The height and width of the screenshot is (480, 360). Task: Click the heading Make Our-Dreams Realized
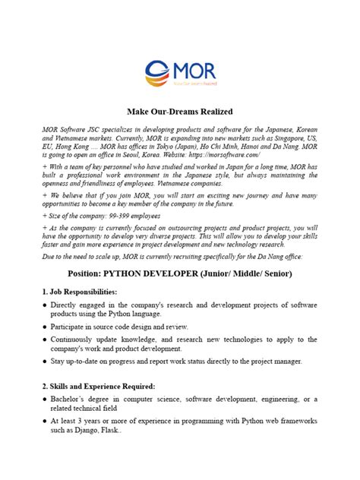(x=179, y=111)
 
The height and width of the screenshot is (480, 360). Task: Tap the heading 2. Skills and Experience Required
(x=102, y=386)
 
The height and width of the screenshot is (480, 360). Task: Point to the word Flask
(x=127, y=429)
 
